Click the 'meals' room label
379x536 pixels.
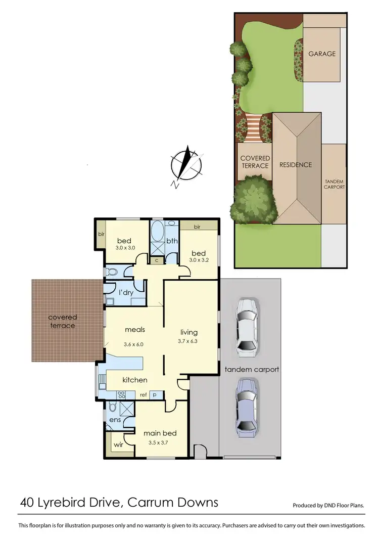(135, 330)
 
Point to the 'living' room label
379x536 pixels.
(189, 332)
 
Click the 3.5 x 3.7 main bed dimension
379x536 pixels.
(160, 443)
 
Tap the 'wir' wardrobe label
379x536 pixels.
(118, 445)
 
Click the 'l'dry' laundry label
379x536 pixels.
(126, 293)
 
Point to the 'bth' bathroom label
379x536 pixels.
(172, 241)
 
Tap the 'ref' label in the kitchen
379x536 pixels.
(144, 394)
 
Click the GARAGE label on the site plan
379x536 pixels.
(321, 54)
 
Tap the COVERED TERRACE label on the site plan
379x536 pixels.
(255, 162)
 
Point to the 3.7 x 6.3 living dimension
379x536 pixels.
(189, 342)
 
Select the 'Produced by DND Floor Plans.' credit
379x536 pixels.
(328, 505)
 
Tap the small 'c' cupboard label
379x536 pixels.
(157, 260)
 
